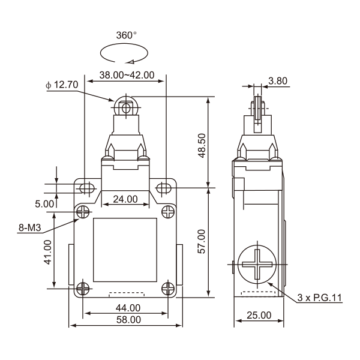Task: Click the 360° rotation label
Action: tap(126, 35)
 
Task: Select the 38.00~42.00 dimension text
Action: tap(126, 76)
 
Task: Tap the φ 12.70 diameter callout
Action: tap(62, 85)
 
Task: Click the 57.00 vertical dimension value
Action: tap(202, 241)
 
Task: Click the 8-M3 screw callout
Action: tap(29, 227)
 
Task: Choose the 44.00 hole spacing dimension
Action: tap(127, 308)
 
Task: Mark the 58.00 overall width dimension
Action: tap(127, 320)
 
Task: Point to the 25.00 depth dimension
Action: tap(259, 315)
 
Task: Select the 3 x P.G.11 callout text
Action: tap(319, 298)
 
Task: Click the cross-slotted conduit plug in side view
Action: tap(257, 265)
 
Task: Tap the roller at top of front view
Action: tap(125, 106)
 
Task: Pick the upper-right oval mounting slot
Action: tap(164, 188)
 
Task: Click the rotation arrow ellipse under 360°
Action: tap(124, 53)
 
